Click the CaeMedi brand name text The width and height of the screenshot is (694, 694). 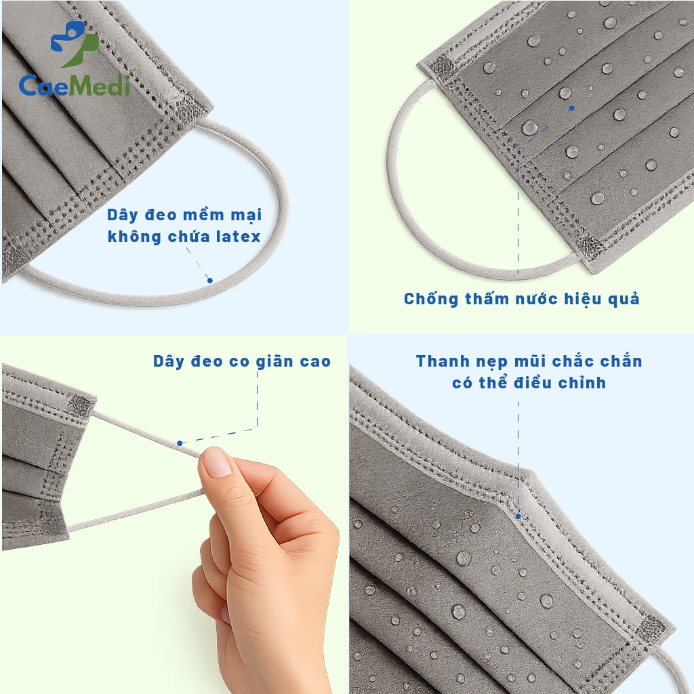pyautogui.click(x=75, y=85)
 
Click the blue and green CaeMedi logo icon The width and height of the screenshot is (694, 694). pyautogui.click(x=75, y=44)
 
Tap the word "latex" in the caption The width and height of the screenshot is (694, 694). pyautogui.click(x=238, y=237)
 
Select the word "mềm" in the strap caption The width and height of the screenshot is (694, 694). pyautogui.click(x=203, y=215)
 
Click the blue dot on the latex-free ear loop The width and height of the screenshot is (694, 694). pyautogui.click(x=210, y=280)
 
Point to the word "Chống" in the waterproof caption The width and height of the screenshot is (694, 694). pyautogui.click(x=431, y=299)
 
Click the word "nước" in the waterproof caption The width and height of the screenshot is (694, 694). pyautogui.click(x=535, y=299)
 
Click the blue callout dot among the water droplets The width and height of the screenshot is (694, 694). pyautogui.click(x=572, y=108)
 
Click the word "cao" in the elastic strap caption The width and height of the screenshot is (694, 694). pyautogui.click(x=316, y=362)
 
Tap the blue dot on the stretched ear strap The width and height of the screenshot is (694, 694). pyautogui.click(x=180, y=443)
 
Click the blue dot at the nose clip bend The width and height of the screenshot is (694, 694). pyautogui.click(x=518, y=516)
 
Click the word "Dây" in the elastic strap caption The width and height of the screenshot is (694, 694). pyautogui.click(x=169, y=362)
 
